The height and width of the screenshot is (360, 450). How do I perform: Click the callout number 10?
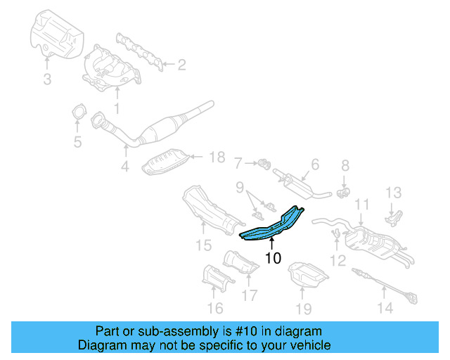pos(273,258)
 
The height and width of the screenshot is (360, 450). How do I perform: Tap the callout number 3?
pos(47,79)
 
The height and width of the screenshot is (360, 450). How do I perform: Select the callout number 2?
pos(181,65)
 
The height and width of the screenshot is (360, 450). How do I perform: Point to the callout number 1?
pos(117,108)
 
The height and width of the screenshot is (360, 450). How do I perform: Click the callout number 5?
pos(78,143)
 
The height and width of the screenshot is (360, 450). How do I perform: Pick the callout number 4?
pos(124,167)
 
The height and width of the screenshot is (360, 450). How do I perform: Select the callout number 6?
pos(314,164)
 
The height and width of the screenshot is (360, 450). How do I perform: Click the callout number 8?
pos(345,166)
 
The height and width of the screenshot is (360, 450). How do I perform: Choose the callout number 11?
pos(361,205)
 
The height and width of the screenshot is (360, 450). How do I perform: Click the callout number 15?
pos(203,245)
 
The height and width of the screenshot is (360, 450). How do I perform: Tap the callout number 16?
pos(215,307)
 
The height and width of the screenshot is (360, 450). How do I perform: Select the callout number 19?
pos(302,307)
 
